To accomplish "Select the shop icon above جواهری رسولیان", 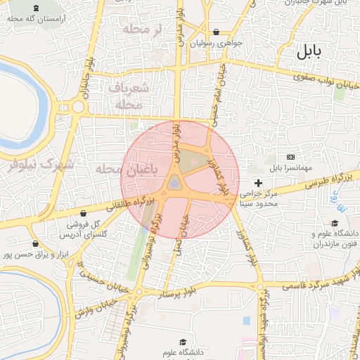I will [215, 32].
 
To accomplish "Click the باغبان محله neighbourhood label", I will [105, 169].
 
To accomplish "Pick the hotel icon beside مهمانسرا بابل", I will [291, 157].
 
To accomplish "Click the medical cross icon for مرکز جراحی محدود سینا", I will [259, 184].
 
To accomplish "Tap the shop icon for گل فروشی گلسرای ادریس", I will [85, 213].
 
